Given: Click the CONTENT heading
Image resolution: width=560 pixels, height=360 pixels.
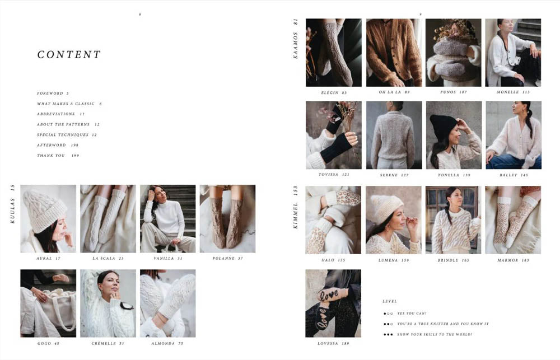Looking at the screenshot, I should (x=69, y=55).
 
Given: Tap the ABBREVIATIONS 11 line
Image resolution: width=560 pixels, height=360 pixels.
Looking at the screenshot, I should (x=60, y=114).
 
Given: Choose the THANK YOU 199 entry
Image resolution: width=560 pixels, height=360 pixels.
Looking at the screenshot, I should (x=58, y=156).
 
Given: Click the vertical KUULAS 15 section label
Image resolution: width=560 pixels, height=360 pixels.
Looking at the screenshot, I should (x=13, y=204).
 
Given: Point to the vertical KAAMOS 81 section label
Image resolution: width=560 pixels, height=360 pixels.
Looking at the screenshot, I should (x=296, y=39).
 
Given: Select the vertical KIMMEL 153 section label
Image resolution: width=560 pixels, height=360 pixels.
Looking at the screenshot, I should (x=296, y=208).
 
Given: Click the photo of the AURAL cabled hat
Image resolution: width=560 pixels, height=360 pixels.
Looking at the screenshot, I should (x=48, y=218).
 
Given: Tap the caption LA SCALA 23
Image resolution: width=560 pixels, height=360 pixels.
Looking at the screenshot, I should (x=108, y=259).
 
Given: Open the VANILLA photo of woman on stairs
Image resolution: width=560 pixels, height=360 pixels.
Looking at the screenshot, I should (x=167, y=218).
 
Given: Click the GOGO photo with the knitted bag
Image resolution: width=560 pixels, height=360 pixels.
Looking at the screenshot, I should (x=48, y=303).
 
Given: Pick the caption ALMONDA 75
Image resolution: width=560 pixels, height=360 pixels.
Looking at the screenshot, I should (x=167, y=343).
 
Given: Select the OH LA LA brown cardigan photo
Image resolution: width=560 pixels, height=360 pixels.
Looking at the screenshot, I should (x=394, y=53).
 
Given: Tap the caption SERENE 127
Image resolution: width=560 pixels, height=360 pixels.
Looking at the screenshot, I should (x=394, y=175).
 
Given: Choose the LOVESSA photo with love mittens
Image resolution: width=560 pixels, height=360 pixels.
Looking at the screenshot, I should (x=333, y=303).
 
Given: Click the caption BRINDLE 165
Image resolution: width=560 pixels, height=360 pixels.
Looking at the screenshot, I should (x=453, y=260).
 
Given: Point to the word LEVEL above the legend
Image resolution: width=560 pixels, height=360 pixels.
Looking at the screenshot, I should (x=389, y=301).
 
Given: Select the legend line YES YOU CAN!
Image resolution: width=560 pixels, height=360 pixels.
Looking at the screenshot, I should (x=412, y=314).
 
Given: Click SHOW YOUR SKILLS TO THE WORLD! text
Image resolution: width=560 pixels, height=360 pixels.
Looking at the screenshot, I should (x=435, y=335).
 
